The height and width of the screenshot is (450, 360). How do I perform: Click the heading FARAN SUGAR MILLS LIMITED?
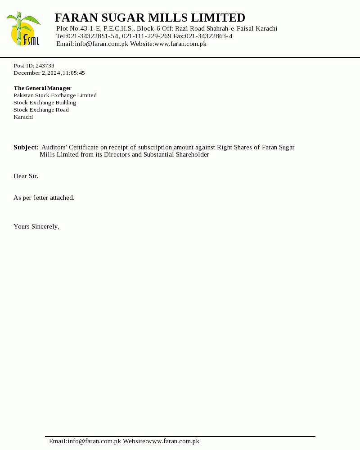point(150,18)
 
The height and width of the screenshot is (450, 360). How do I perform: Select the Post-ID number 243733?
point(45,66)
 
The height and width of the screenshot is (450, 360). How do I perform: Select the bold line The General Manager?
point(42,88)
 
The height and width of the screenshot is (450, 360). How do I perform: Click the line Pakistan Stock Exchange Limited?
point(55,95)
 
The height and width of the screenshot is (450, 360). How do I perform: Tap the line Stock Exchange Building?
point(45,103)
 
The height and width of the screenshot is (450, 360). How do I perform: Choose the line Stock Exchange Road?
point(41,110)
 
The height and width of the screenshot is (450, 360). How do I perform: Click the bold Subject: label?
point(26,148)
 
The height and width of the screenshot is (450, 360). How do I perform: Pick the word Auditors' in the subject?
point(54,148)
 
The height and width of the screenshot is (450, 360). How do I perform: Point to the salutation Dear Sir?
point(26,176)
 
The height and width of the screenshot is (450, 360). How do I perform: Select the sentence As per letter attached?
point(44,198)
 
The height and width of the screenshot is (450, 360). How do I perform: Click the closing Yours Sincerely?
point(36,227)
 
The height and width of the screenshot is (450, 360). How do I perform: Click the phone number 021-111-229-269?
point(147,36)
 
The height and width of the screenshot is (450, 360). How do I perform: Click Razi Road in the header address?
point(190,29)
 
